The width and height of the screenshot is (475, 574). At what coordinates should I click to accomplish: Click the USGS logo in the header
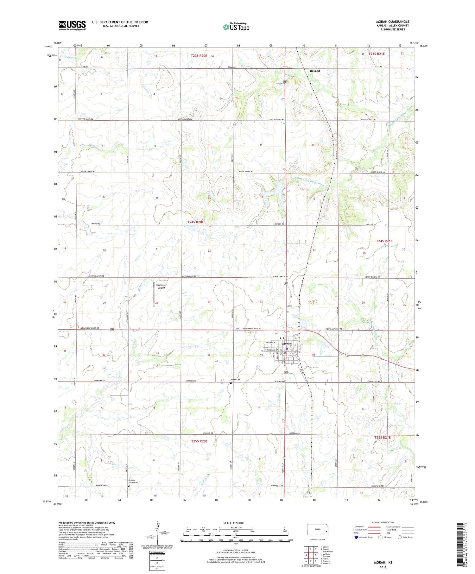pos(72,25)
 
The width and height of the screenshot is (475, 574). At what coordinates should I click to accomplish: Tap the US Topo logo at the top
pos(236,27)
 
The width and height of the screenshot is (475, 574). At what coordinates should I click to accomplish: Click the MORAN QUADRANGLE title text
pos(392,22)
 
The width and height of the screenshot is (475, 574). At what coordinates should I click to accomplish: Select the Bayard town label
pos(314,71)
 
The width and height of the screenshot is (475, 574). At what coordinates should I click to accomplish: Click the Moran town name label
pos(287,344)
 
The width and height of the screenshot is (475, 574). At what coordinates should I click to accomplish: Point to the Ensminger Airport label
pos(161,287)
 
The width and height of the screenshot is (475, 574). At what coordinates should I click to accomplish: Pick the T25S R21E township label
pos(382,438)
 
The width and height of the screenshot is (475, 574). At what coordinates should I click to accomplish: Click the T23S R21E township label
pos(377,54)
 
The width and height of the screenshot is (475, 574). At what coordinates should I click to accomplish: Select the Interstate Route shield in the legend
pos(356,537)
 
